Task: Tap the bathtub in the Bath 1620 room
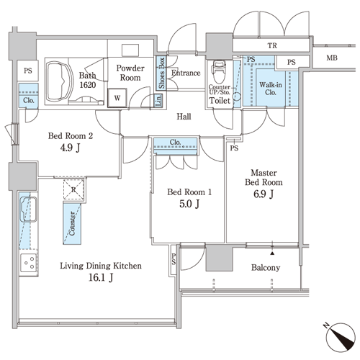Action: click(60, 81)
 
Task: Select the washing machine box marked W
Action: click(117, 98)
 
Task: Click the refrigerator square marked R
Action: click(73, 189)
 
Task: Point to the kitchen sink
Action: click(28, 210)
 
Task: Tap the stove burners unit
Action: click(29, 263)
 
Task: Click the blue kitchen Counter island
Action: click(72, 223)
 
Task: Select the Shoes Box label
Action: click(161, 73)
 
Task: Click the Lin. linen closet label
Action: click(158, 100)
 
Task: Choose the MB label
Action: click(332, 58)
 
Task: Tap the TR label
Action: click(272, 45)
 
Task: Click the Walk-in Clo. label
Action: click(271, 89)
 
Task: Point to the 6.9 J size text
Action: click(264, 194)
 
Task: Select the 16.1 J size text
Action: click(101, 277)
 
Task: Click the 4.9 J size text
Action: click(70, 148)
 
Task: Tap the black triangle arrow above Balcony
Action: click(272, 253)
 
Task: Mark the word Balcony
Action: click(266, 268)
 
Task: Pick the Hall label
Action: click(184, 117)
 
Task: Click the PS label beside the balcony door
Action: click(174, 259)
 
